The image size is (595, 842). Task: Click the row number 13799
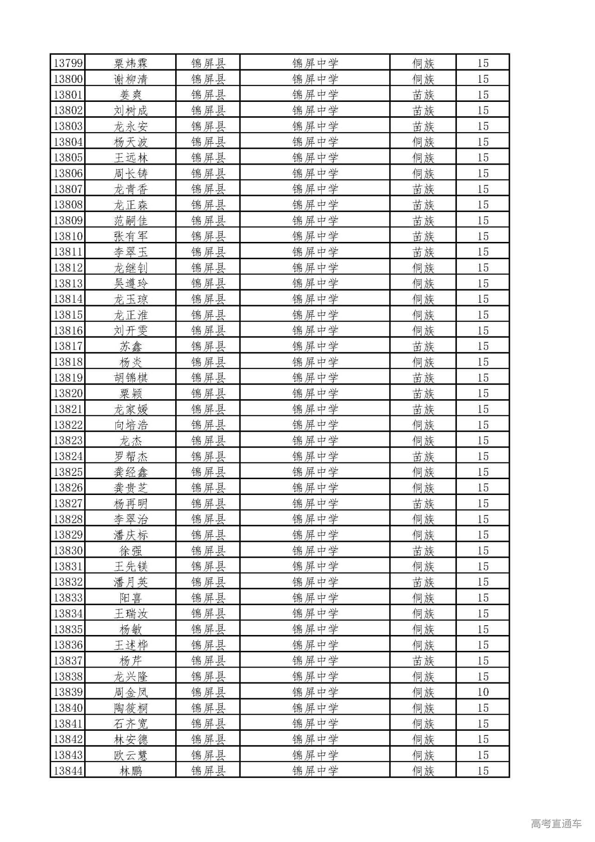point(68,63)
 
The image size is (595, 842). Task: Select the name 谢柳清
point(131,79)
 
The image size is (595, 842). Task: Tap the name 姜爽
point(131,95)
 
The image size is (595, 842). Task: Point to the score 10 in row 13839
point(483,692)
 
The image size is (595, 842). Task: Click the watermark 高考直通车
point(556,823)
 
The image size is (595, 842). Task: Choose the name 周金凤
point(131,692)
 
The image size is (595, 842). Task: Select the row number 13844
point(68,771)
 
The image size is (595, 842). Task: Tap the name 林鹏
point(131,771)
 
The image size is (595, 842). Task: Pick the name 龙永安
point(131,127)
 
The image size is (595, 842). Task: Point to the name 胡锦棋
point(131,378)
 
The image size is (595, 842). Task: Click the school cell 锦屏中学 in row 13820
point(315,394)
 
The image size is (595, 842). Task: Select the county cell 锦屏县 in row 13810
point(208,236)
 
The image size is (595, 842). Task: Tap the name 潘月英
point(131,582)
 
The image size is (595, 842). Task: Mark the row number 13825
point(68,472)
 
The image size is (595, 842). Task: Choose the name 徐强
point(131,551)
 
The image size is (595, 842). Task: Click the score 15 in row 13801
point(483,95)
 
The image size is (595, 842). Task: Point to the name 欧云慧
point(131,755)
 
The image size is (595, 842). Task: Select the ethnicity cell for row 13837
point(423,661)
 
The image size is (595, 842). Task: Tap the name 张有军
point(131,236)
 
